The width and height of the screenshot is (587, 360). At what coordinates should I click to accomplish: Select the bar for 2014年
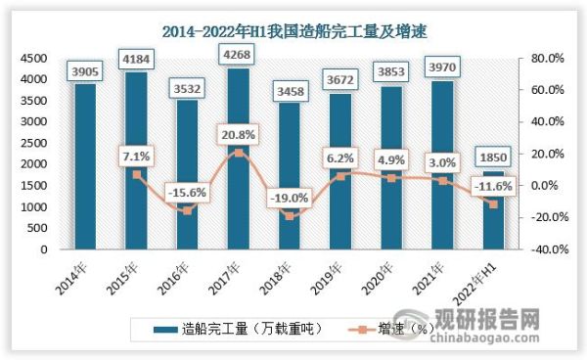85,166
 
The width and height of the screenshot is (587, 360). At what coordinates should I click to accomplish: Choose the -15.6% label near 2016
186,193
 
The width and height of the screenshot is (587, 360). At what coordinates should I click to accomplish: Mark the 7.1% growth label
136,155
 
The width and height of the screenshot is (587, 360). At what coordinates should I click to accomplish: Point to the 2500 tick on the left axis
34,143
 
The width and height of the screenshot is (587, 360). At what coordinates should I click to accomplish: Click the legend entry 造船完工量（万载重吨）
235,328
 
